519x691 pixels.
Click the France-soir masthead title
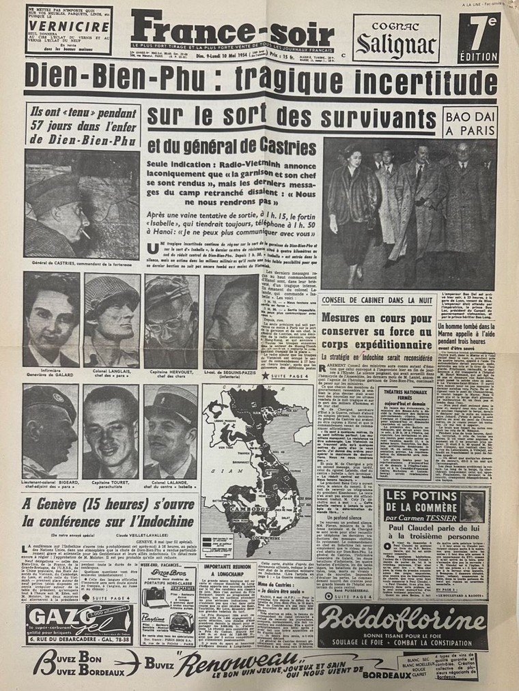[x=232, y=31]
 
